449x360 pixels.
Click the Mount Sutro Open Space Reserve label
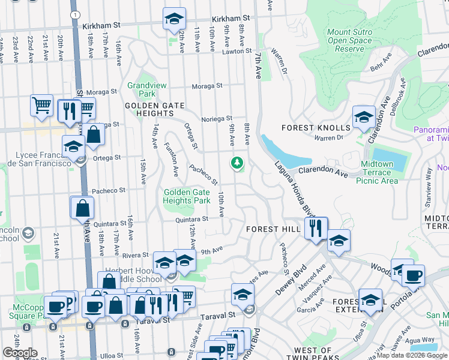(x=350, y=40)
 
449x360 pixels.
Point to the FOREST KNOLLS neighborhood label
(x=316, y=128)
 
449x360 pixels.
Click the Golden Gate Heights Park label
(x=187, y=196)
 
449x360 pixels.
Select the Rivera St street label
(x=136, y=255)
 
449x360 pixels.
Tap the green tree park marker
(x=238, y=163)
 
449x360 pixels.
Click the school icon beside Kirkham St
(x=174, y=19)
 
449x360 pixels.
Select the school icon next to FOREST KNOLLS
(x=364, y=118)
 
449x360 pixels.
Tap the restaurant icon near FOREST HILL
(x=316, y=228)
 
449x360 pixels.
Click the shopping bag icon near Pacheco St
(x=83, y=208)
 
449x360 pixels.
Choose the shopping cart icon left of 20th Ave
(x=41, y=106)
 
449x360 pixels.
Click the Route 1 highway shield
(x=73, y=14)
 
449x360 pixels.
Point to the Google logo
(x=20, y=353)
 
